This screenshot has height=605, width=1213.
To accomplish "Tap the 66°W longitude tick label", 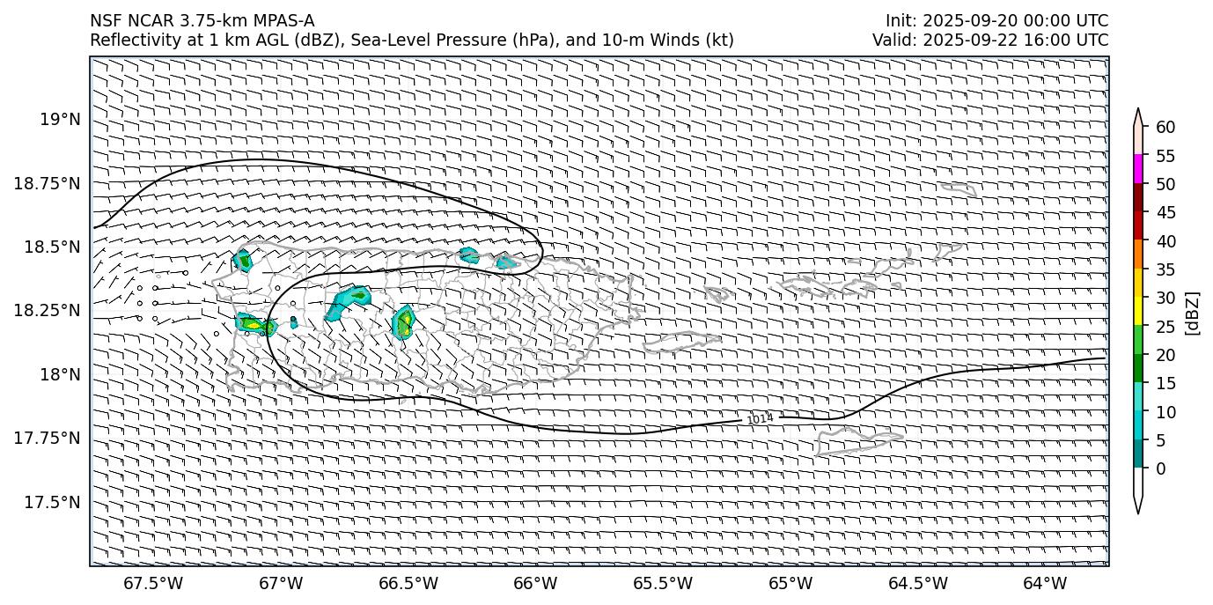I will (x=535, y=583).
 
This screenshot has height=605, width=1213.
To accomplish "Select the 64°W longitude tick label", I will (x=1045, y=583).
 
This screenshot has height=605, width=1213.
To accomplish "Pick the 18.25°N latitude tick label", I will (x=50, y=311).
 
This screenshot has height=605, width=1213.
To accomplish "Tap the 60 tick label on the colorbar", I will (x=1165, y=128).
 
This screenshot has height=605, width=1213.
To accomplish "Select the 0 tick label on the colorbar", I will (x=1160, y=469).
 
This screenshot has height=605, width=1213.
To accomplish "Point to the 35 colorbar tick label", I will (x=1165, y=269).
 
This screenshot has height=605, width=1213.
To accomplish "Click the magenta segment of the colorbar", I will (x=1138, y=169).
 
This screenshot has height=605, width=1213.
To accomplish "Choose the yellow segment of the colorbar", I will (x=1138, y=311).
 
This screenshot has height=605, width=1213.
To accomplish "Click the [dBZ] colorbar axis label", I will (x=1194, y=313).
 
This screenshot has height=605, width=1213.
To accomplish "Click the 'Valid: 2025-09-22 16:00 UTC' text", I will (x=990, y=40).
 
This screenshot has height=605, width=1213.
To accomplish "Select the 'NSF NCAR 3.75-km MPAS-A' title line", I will (x=202, y=21).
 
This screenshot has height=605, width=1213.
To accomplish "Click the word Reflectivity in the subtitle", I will (x=129, y=40).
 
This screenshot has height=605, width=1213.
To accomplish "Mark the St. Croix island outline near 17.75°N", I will (x=858, y=439).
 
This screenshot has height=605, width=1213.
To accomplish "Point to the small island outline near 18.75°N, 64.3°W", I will (x=958, y=188).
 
